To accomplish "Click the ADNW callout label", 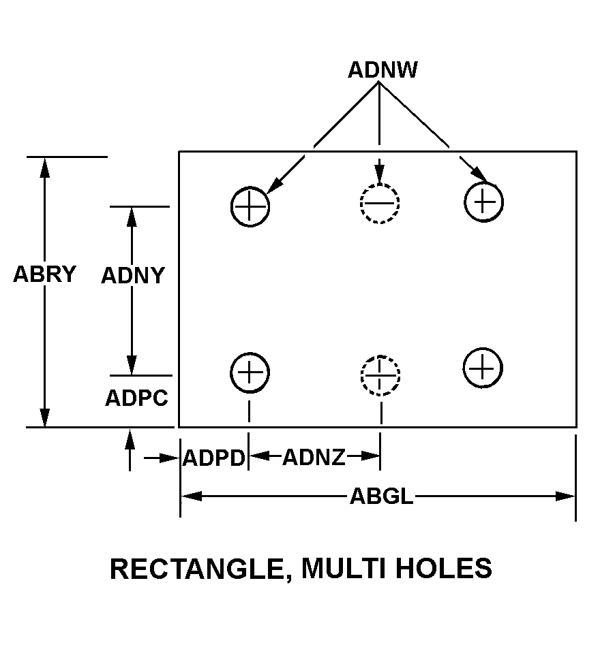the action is click(x=382, y=69).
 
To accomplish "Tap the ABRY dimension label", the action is click(x=45, y=274).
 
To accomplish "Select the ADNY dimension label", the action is click(x=133, y=275).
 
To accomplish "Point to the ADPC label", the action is click(x=137, y=398).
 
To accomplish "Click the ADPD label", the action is click(x=214, y=458).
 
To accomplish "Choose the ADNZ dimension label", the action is click(x=314, y=458).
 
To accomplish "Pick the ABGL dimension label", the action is click(x=382, y=496).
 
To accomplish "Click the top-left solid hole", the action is click(x=250, y=206).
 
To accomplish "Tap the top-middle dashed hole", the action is click(x=380, y=203).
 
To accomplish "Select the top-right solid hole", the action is click(x=483, y=202).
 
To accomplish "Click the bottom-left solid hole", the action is click(x=250, y=373).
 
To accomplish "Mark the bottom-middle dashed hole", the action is click(x=380, y=375).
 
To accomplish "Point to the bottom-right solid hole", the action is click(x=483, y=368).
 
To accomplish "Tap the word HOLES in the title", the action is click(x=444, y=568).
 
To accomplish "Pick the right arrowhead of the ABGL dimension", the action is click(x=565, y=496).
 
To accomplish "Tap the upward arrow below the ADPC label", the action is click(x=130, y=450).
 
